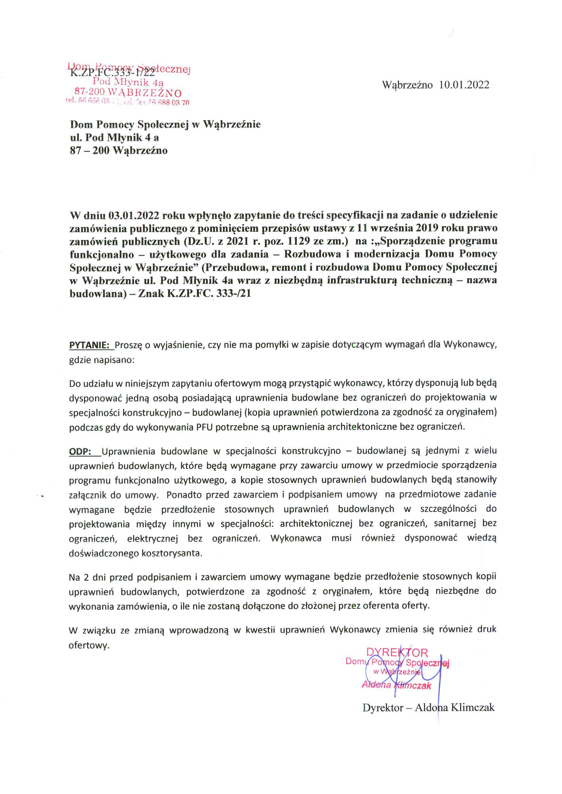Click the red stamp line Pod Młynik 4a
pyautogui.click(x=129, y=82)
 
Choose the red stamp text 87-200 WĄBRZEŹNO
pyautogui.click(x=129, y=93)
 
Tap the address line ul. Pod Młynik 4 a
pyautogui.click(x=115, y=137)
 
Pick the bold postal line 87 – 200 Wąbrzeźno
pyautogui.click(x=119, y=151)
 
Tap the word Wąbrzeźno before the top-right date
pyautogui.click(x=407, y=85)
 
